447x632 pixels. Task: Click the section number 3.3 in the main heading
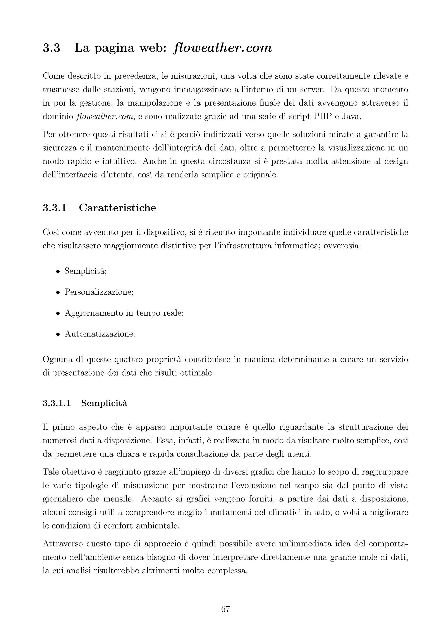[x=52, y=48]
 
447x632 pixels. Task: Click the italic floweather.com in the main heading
[x=223, y=48]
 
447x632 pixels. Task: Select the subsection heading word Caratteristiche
[x=117, y=208]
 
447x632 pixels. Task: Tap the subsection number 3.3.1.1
[x=57, y=403]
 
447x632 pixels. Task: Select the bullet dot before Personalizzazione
[x=58, y=292]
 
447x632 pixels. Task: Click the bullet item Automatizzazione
[x=100, y=334]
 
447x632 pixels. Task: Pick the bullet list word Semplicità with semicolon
[x=86, y=271]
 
